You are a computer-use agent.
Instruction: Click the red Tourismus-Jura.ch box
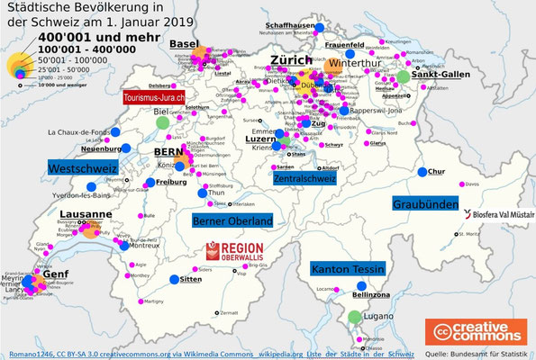[x=156, y=97]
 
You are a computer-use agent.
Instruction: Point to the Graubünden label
[x=425, y=204]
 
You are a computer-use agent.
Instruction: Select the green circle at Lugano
[x=355, y=317]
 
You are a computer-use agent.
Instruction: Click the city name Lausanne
[x=86, y=215]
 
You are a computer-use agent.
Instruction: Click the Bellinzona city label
[x=369, y=294]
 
